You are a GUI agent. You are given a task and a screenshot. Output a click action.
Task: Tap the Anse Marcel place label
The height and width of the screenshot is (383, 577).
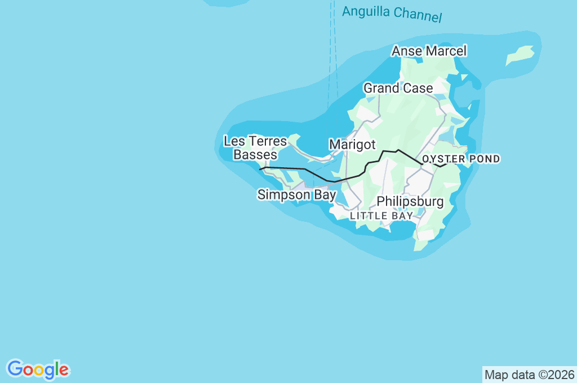429,51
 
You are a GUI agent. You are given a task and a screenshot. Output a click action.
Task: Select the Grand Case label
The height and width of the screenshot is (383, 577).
398,88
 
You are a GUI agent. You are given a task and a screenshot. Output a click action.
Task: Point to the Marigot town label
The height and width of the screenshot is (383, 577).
352,145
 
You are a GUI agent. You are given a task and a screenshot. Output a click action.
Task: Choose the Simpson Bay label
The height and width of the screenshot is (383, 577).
296,195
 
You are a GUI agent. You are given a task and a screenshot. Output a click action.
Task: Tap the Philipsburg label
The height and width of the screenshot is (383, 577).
410,202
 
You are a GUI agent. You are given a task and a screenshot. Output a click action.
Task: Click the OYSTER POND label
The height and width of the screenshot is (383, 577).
461,159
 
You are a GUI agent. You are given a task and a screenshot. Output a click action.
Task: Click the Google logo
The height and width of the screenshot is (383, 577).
38,369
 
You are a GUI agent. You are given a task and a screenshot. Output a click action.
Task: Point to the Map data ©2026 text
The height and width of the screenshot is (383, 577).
530,375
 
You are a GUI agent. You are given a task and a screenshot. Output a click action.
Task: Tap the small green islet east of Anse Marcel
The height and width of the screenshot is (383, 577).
520,56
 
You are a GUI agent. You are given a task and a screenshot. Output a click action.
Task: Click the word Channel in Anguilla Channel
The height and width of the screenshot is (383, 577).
418,15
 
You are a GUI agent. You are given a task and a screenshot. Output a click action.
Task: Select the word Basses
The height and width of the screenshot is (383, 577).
255,154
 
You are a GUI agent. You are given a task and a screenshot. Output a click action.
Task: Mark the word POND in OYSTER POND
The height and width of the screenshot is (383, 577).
483,159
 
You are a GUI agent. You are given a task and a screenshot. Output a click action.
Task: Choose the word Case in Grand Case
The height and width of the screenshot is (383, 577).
420,88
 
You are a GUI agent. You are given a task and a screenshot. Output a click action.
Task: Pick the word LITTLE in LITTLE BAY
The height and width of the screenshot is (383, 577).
367,216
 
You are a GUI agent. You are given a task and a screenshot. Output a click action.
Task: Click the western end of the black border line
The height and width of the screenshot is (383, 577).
260,169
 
